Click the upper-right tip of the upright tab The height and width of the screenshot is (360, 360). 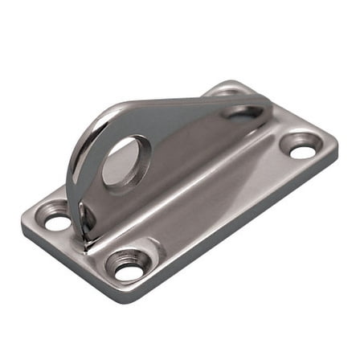click(265, 102)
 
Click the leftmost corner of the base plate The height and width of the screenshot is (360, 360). click(23, 221)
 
